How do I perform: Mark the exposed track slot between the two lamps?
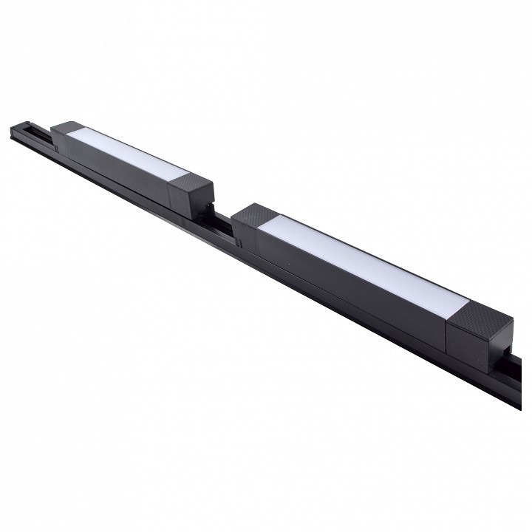[x=222, y=222]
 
